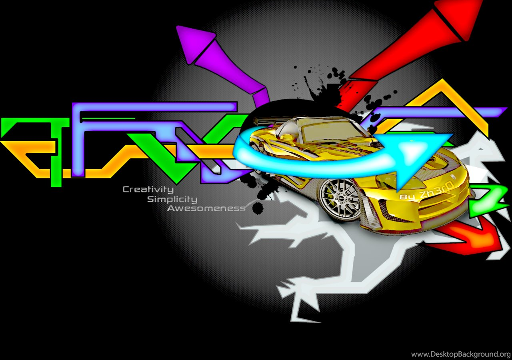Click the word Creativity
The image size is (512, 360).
(x=148, y=190)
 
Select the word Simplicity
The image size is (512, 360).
(x=172, y=200)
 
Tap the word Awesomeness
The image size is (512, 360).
(x=206, y=208)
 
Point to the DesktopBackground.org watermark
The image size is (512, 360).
(x=461, y=354)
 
